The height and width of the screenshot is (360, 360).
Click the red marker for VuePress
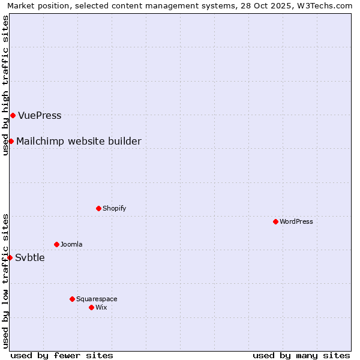pos(13,115)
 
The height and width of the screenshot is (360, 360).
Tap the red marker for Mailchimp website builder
pos(11,141)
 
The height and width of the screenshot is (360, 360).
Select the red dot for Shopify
pos(98,208)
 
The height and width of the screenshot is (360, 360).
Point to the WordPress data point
pos(275,221)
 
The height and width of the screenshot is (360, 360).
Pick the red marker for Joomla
pos(56,244)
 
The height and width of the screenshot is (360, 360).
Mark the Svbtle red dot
pos(10,257)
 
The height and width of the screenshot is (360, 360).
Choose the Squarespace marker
pos(72,299)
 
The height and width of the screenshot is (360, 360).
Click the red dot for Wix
pos(91,307)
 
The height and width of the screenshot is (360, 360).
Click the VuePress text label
pos(40,115)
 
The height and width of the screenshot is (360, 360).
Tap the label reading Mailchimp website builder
pos(79,141)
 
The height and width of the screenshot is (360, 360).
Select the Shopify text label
pos(114,208)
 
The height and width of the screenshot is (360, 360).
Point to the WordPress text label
pos(296,221)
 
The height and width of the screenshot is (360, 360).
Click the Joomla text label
pos(71,244)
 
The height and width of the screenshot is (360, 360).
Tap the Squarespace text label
pos(97,299)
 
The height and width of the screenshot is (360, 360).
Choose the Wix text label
pos(101,307)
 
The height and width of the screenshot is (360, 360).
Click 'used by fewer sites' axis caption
pos(62,355)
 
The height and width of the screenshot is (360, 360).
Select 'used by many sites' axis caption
pos(301,355)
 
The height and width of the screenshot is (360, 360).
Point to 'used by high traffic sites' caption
pos(5,85)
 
